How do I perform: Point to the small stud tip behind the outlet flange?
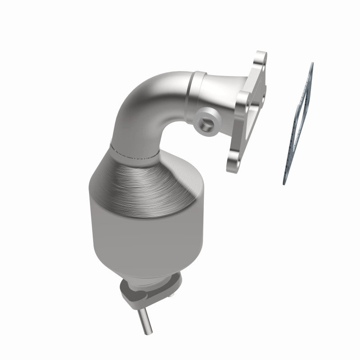pos(171,296)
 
